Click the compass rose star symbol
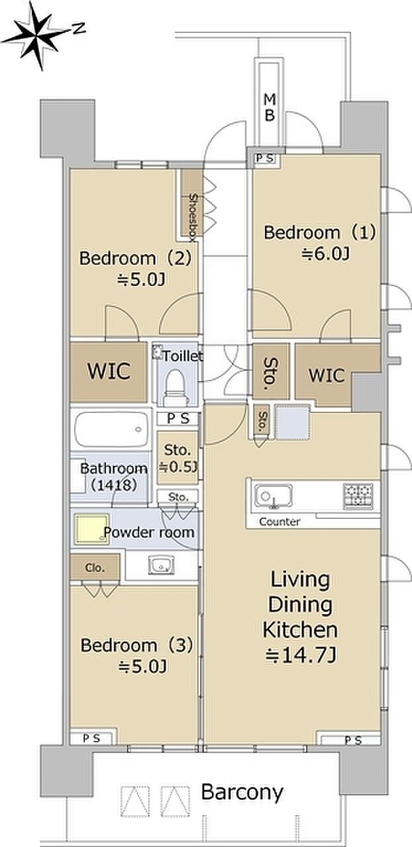36,35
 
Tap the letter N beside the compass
79,28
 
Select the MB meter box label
270,108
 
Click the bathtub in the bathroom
111,429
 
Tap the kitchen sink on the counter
273,496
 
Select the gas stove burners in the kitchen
358,496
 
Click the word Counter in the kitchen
280,522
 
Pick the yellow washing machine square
91,529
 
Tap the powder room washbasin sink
162,565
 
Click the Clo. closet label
94,568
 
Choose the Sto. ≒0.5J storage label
178,459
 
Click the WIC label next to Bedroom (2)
109,371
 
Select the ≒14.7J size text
301,656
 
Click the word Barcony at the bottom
242,793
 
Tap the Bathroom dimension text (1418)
114,484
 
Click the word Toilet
183,356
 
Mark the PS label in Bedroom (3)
91,738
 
